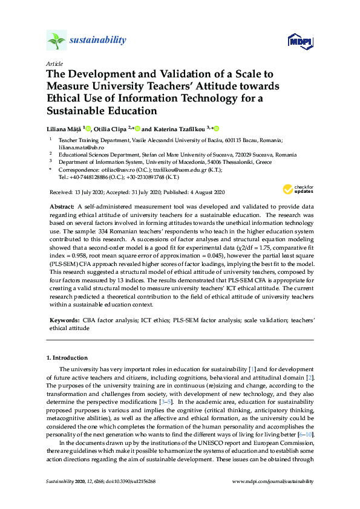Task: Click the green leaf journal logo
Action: pos(56,41)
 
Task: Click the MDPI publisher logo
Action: pos(300,41)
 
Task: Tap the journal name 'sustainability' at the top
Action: pos(98,41)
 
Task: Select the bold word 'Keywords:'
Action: pos(62,319)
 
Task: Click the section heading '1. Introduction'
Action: pos(67,358)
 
